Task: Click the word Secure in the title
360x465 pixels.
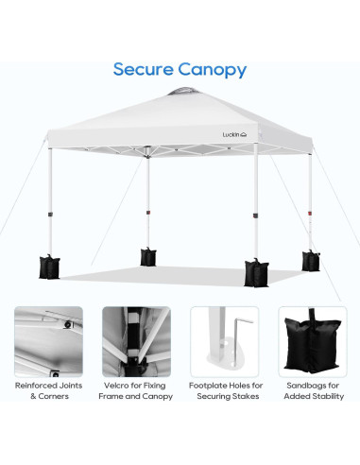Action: coord(145,70)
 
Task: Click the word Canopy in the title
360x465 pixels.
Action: coord(214,71)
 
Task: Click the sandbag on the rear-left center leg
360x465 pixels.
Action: coord(147,255)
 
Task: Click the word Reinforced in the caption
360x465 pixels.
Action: coord(35,386)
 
